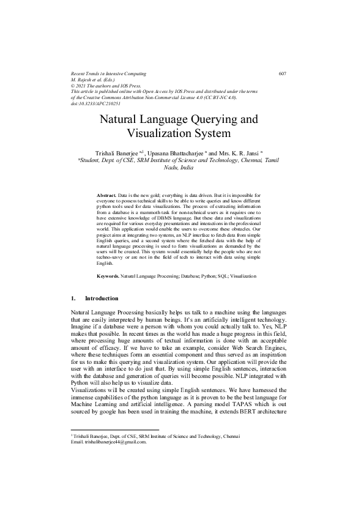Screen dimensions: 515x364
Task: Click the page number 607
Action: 282,73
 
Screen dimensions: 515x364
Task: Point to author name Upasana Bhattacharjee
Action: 176,151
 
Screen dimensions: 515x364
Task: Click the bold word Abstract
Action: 106,195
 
